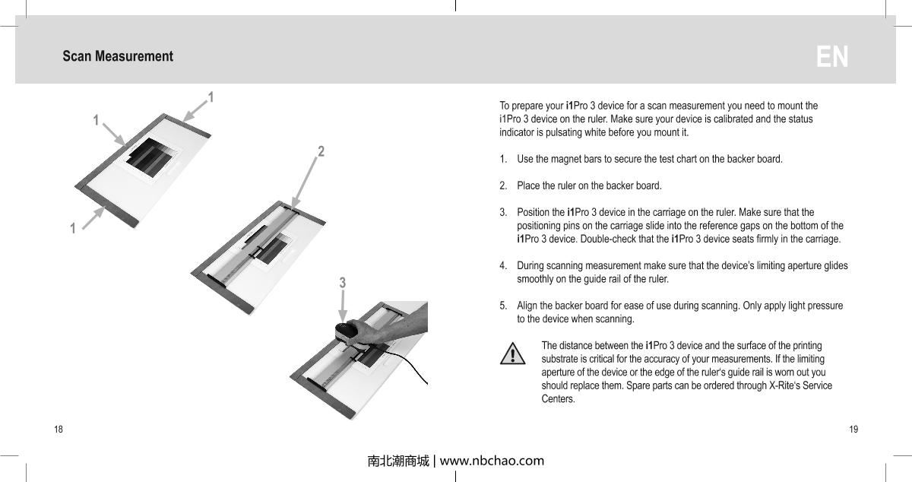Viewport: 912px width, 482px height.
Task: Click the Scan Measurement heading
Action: (x=118, y=56)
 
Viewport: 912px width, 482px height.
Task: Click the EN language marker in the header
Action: (x=832, y=57)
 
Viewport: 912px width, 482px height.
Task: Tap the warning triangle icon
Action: (x=514, y=354)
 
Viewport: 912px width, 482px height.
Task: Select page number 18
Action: (x=59, y=430)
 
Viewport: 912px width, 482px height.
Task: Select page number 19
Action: (x=853, y=430)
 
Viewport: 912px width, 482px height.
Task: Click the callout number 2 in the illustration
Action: (x=321, y=151)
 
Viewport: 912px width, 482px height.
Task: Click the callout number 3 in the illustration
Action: (x=343, y=283)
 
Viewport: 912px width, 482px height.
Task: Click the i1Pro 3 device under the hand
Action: (x=349, y=333)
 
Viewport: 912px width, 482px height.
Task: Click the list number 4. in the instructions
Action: (x=504, y=265)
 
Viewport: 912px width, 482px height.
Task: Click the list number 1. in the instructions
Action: (x=504, y=159)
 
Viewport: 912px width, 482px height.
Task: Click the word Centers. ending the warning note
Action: (x=558, y=399)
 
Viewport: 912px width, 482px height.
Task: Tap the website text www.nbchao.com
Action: (x=492, y=461)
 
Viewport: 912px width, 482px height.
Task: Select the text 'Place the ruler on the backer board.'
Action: (x=589, y=186)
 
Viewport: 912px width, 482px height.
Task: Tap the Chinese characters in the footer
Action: (x=397, y=461)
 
